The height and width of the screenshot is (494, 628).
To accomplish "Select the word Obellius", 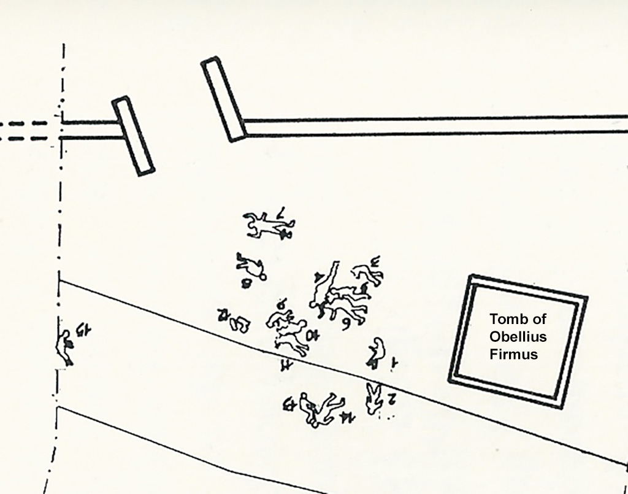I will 518,336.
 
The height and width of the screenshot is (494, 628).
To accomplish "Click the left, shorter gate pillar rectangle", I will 133,136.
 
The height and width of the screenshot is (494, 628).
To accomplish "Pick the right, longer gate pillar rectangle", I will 224,99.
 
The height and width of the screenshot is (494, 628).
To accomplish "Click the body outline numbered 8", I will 251,266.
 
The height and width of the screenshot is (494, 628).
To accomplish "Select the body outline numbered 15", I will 64,347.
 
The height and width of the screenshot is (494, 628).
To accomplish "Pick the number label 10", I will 314,335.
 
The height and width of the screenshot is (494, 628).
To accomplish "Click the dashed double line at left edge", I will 25,131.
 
